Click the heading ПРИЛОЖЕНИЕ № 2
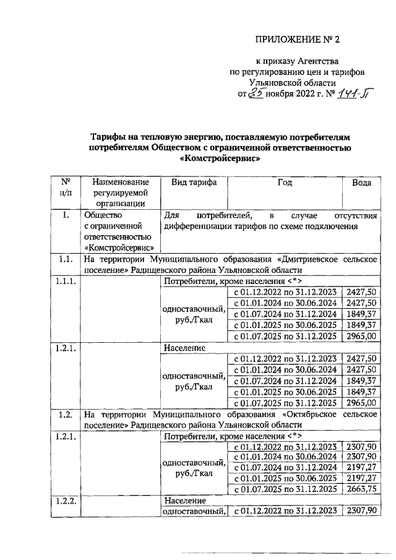(298, 40)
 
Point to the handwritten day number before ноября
(256, 93)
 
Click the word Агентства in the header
(312, 61)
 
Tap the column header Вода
(361, 183)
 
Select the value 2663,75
(361, 489)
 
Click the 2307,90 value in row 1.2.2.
(361, 510)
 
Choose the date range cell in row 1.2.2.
(285, 510)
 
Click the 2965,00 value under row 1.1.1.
(361, 336)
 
